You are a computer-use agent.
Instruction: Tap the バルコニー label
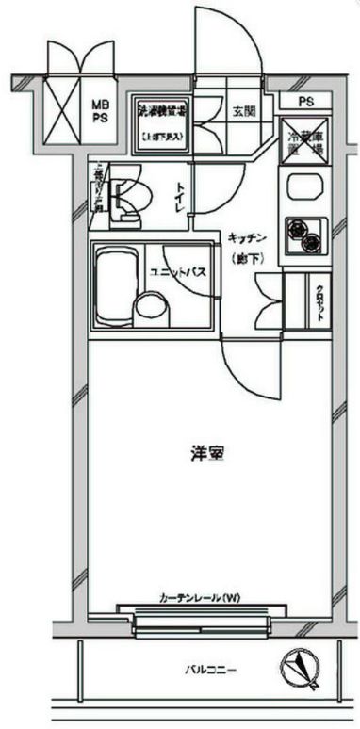click(210, 671)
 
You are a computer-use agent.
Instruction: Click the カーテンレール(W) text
click(199, 598)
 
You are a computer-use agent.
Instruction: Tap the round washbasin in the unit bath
click(147, 307)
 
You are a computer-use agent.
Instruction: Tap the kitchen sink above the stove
click(304, 186)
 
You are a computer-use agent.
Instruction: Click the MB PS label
click(98, 113)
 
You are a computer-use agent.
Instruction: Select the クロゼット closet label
click(320, 302)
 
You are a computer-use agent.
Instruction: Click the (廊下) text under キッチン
click(244, 257)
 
